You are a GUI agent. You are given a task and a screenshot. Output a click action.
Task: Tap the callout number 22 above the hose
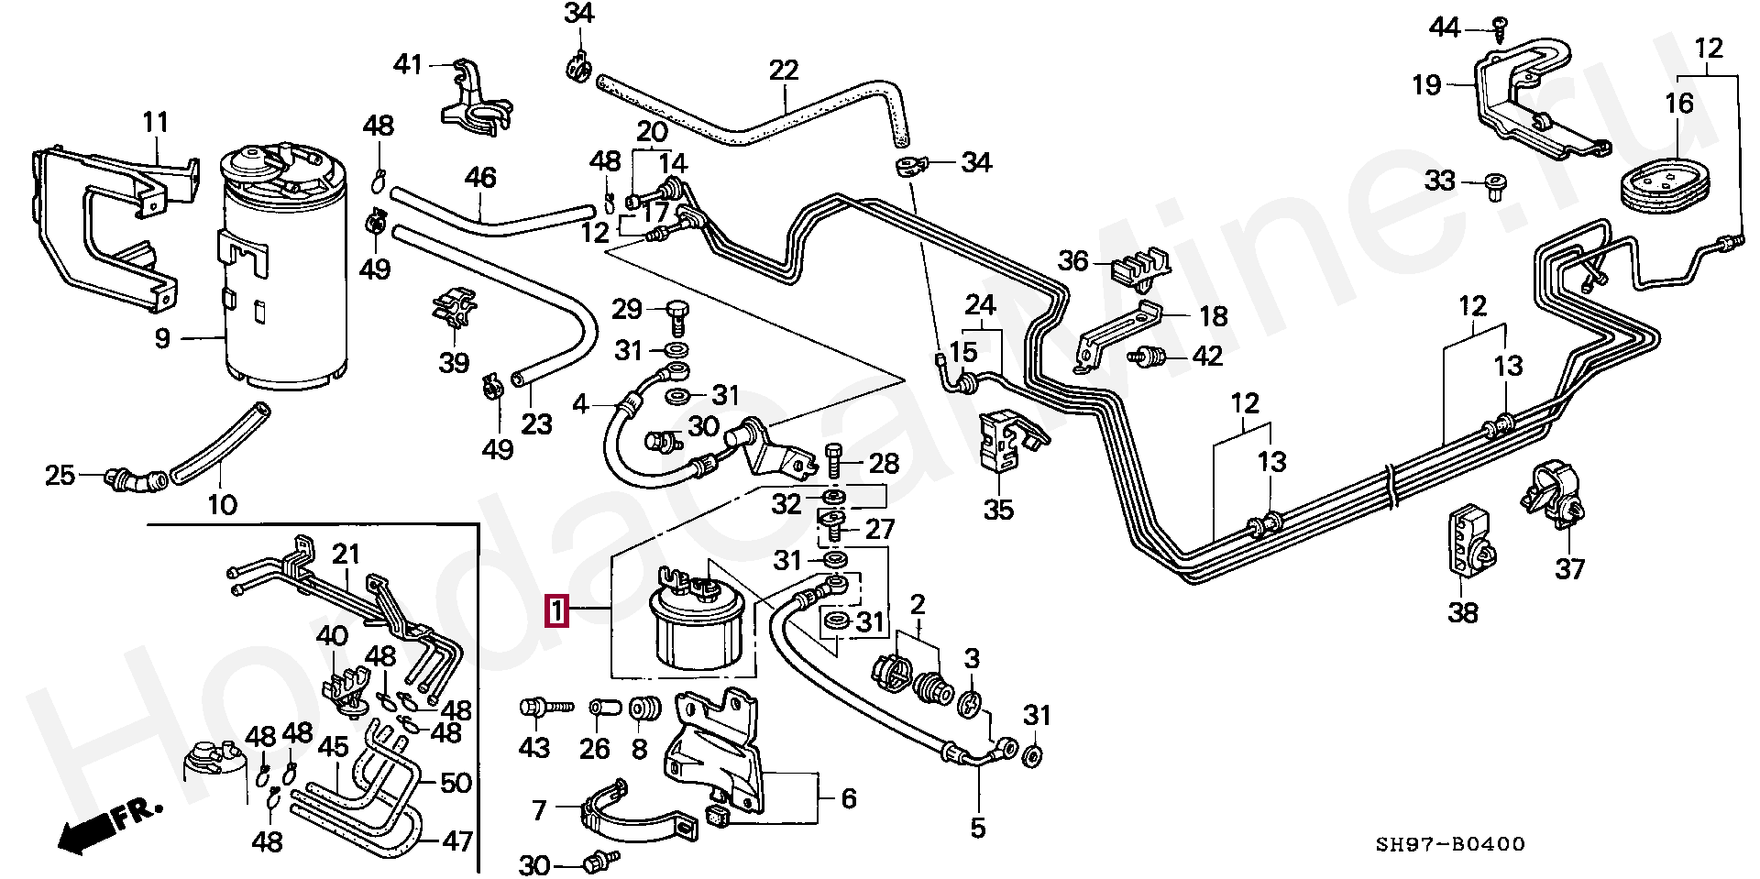click(784, 71)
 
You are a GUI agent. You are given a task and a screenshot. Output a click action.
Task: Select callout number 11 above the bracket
click(156, 122)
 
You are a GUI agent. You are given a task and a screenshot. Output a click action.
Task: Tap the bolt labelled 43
click(545, 707)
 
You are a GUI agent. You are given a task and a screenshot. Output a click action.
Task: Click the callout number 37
click(1570, 569)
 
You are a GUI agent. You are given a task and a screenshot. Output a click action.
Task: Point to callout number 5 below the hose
click(978, 829)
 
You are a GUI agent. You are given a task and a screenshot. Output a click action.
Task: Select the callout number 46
click(480, 177)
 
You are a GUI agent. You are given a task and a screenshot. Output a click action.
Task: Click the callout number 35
click(999, 510)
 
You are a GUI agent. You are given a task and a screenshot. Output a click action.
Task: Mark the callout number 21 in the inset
click(346, 555)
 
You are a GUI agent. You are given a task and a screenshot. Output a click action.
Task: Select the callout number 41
click(408, 64)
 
